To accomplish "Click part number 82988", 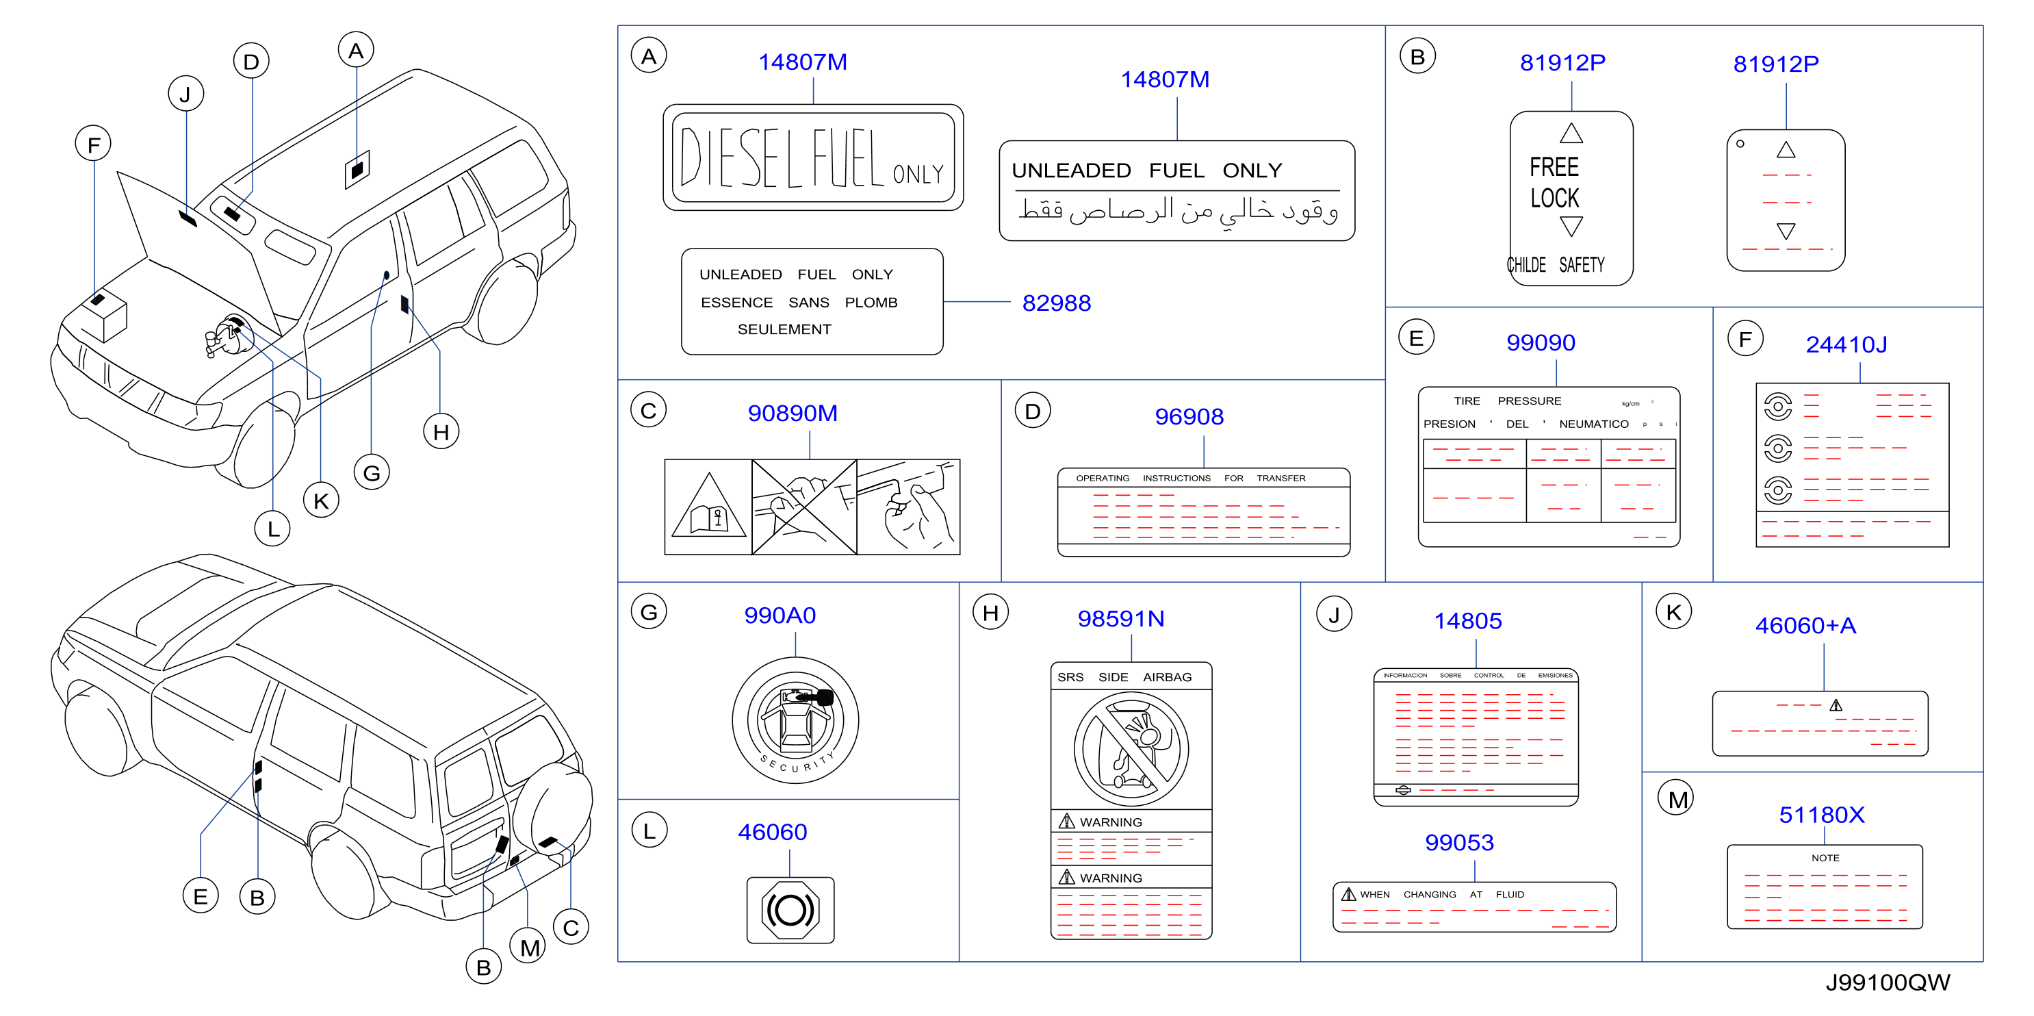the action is [1057, 303].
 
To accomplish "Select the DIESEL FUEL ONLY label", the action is [812, 157].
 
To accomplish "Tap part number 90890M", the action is [792, 414].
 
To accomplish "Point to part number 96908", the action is [1189, 416].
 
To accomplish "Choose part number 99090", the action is [1541, 342].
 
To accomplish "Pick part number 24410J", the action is [1846, 344].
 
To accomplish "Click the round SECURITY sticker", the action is [795, 720].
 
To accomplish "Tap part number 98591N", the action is [1120, 619].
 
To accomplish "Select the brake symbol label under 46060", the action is [790, 910].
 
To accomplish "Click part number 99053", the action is [1459, 842].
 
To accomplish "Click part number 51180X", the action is [1822, 815].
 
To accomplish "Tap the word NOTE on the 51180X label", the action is [1825, 858].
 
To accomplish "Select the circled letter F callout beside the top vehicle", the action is [93, 144].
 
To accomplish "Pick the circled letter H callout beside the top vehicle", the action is [441, 431].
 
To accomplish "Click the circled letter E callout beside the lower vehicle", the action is [201, 896].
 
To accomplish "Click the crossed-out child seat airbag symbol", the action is [1131, 749].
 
